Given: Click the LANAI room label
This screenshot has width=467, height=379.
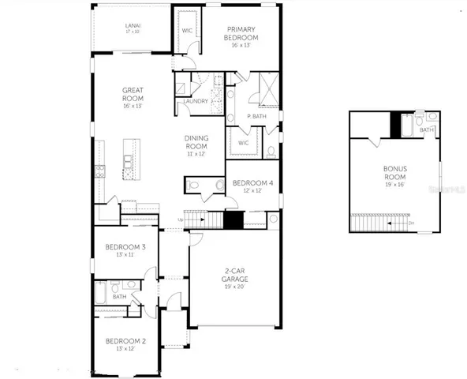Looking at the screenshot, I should [133, 25].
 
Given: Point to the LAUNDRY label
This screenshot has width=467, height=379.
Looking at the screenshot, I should [194, 101].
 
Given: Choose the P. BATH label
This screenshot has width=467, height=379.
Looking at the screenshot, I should [254, 116].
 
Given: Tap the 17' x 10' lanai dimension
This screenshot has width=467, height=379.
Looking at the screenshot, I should [133, 32].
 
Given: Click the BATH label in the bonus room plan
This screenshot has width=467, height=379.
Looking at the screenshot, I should [426, 129].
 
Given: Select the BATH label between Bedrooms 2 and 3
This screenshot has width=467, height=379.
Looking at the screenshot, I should [118, 297].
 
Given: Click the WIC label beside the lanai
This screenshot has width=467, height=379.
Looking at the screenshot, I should [188, 32].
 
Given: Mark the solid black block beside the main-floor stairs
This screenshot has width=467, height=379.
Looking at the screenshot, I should [233, 220].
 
